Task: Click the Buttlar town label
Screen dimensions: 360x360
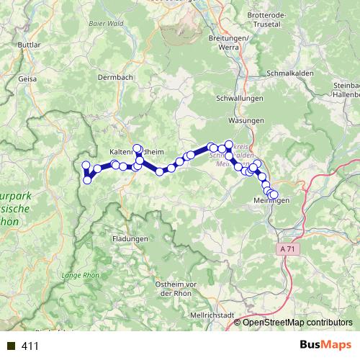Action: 28,45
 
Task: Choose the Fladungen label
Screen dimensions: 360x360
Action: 130,238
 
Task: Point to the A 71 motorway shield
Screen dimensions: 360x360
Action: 288,248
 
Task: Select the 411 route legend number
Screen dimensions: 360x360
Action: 30,346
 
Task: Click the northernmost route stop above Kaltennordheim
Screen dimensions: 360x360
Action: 137,148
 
